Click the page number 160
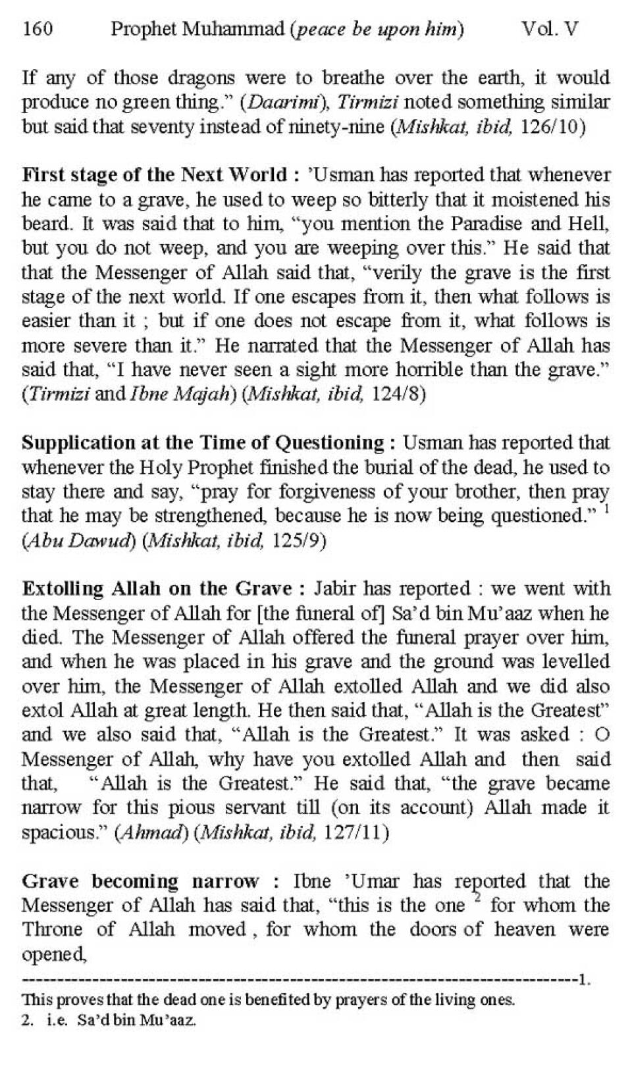pos(38,30)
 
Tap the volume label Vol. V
pos(549,30)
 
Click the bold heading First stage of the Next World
pos(155,176)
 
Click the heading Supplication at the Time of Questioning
pos(203,443)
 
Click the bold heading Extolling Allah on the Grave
pos(157,588)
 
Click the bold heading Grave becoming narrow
pos(140,881)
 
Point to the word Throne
pos(51,930)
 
